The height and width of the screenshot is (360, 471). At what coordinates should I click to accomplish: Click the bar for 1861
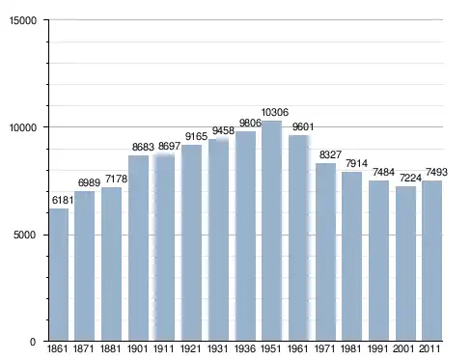click(x=59, y=275)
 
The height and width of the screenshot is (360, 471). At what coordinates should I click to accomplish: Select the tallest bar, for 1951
click(x=271, y=231)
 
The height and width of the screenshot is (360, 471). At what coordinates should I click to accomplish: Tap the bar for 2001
click(x=405, y=263)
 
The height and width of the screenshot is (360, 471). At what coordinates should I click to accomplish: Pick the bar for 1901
click(x=138, y=248)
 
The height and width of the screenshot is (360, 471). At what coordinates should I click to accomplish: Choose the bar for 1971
click(x=325, y=252)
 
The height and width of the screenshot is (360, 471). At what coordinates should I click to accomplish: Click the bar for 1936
click(x=245, y=236)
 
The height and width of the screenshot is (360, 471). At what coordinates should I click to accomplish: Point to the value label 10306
click(x=275, y=112)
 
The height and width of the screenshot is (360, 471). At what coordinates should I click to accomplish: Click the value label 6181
click(x=63, y=200)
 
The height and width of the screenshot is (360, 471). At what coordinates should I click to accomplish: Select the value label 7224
click(x=410, y=178)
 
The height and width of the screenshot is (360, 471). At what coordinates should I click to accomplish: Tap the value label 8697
click(x=169, y=146)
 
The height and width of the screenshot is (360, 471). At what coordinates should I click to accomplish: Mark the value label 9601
click(x=303, y=126)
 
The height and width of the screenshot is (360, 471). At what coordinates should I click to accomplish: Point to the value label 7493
click(x=436, y=172)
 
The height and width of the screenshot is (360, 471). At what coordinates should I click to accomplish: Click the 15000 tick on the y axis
click(x=23, y=20)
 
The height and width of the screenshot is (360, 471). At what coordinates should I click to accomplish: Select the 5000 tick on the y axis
click(x=24, y=235)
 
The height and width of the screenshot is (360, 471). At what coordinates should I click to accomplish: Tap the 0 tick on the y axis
click(x=33, y=342)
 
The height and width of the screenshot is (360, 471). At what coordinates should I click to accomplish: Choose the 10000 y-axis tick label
click(x=23, y=127)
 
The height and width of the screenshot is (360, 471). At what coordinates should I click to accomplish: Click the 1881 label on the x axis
click(x=110, y=348)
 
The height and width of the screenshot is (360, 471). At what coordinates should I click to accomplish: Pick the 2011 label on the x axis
click(x=430, y=348)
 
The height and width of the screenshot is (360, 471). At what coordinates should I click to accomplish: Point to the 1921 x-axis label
click(x=191, y=348)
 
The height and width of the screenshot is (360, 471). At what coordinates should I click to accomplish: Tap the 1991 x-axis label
click(x=378, y=348)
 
